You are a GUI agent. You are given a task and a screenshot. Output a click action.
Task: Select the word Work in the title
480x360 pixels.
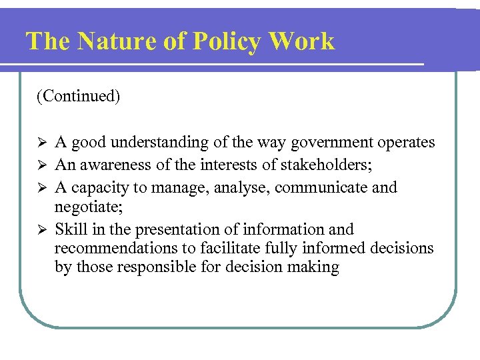pos(304,41)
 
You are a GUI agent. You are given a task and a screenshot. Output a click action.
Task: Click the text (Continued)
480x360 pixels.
pos(79,97)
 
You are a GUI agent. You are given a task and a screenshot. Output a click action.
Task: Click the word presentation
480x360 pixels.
pos(177,229)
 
